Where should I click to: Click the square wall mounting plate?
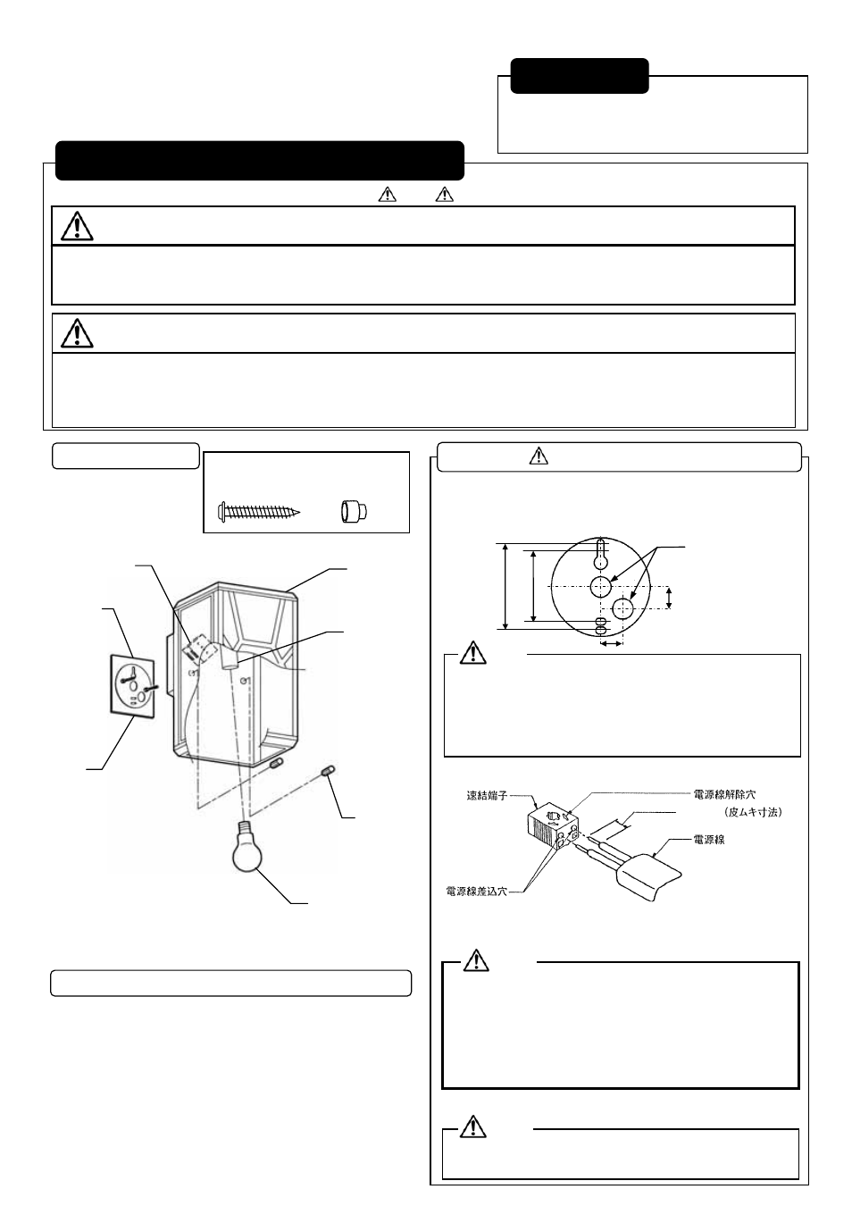pos(131,685)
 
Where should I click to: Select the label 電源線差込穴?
pos(476,891)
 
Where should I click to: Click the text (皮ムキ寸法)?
pos(753,812)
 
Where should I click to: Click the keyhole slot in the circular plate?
pos(601,554)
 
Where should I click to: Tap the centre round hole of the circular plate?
pos(601,586)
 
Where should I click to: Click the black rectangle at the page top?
pos(580,76)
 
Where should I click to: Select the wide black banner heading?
pos(260,161)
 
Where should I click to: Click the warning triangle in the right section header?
pos(538,456)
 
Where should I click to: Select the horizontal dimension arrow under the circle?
pos(612,642)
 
